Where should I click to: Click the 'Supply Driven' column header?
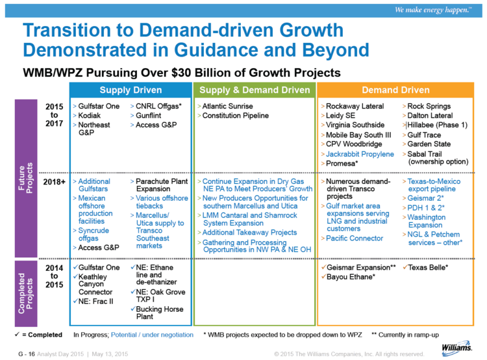(131, 90)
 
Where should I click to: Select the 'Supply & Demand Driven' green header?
(255, 90)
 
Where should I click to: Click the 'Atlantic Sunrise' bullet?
(227, 106)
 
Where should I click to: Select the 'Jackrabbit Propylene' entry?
(360, 154)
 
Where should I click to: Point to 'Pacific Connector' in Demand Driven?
(355, 238)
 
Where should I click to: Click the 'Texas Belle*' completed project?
(430, 267)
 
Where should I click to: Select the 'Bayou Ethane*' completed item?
(353, 277)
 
